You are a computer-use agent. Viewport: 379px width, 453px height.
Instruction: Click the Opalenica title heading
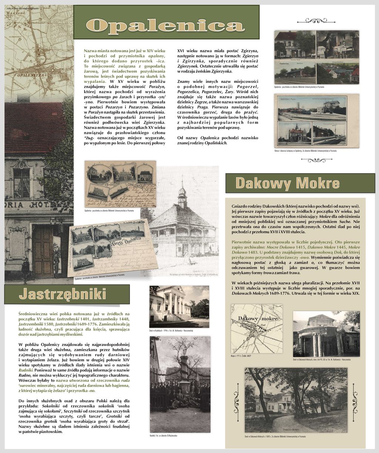coord(166,25)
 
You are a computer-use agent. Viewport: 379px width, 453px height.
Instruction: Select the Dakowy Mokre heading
coord(288,183)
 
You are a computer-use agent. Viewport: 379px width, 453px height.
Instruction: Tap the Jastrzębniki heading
coord(62,294)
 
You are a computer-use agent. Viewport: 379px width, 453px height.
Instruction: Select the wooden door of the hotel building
coord(43,252)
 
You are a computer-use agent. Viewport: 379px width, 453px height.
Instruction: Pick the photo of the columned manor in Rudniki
coord(179,306)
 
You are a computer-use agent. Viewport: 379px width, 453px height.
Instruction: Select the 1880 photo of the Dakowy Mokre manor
coord(296,400)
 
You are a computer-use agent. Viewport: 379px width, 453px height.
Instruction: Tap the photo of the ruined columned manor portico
coord(326,334)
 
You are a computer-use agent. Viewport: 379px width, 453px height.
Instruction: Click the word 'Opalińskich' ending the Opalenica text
coord(216,143)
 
